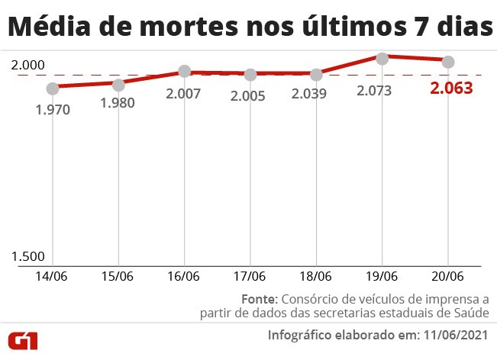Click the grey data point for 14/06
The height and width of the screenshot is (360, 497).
coord(53,88)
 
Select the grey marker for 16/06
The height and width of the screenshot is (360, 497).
coord(184,72)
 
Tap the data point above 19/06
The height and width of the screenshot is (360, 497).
coord(382,56)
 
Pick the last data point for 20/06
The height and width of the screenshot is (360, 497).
coord(448,62)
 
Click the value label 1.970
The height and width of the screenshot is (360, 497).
coord(53,110)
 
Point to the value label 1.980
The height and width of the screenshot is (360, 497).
coord(118,104)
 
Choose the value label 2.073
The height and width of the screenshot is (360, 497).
coord(374,91)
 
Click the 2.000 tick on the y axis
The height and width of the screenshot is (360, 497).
coord(28,66)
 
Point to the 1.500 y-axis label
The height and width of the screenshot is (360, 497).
coord(28,257)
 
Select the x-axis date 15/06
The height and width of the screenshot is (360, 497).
coord(118,276)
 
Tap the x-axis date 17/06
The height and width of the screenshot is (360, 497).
coord(250,276)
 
